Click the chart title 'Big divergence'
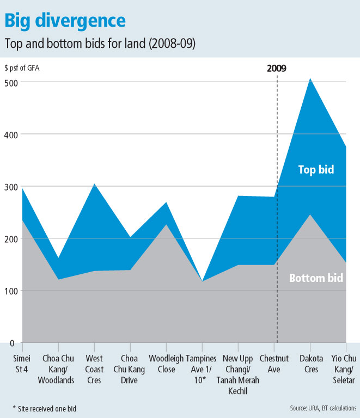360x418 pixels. tap(65, 20)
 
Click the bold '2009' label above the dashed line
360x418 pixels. tap(277, 69)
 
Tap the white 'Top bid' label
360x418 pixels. tap(316, 170)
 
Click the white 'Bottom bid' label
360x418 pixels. tap(316, 278)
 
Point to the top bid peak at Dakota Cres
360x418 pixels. tap(310, 79)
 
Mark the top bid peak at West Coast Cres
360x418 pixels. tap(94, 184)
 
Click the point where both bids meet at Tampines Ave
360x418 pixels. tap(202, 281)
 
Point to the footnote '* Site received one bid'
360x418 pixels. tap(45, 407)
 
